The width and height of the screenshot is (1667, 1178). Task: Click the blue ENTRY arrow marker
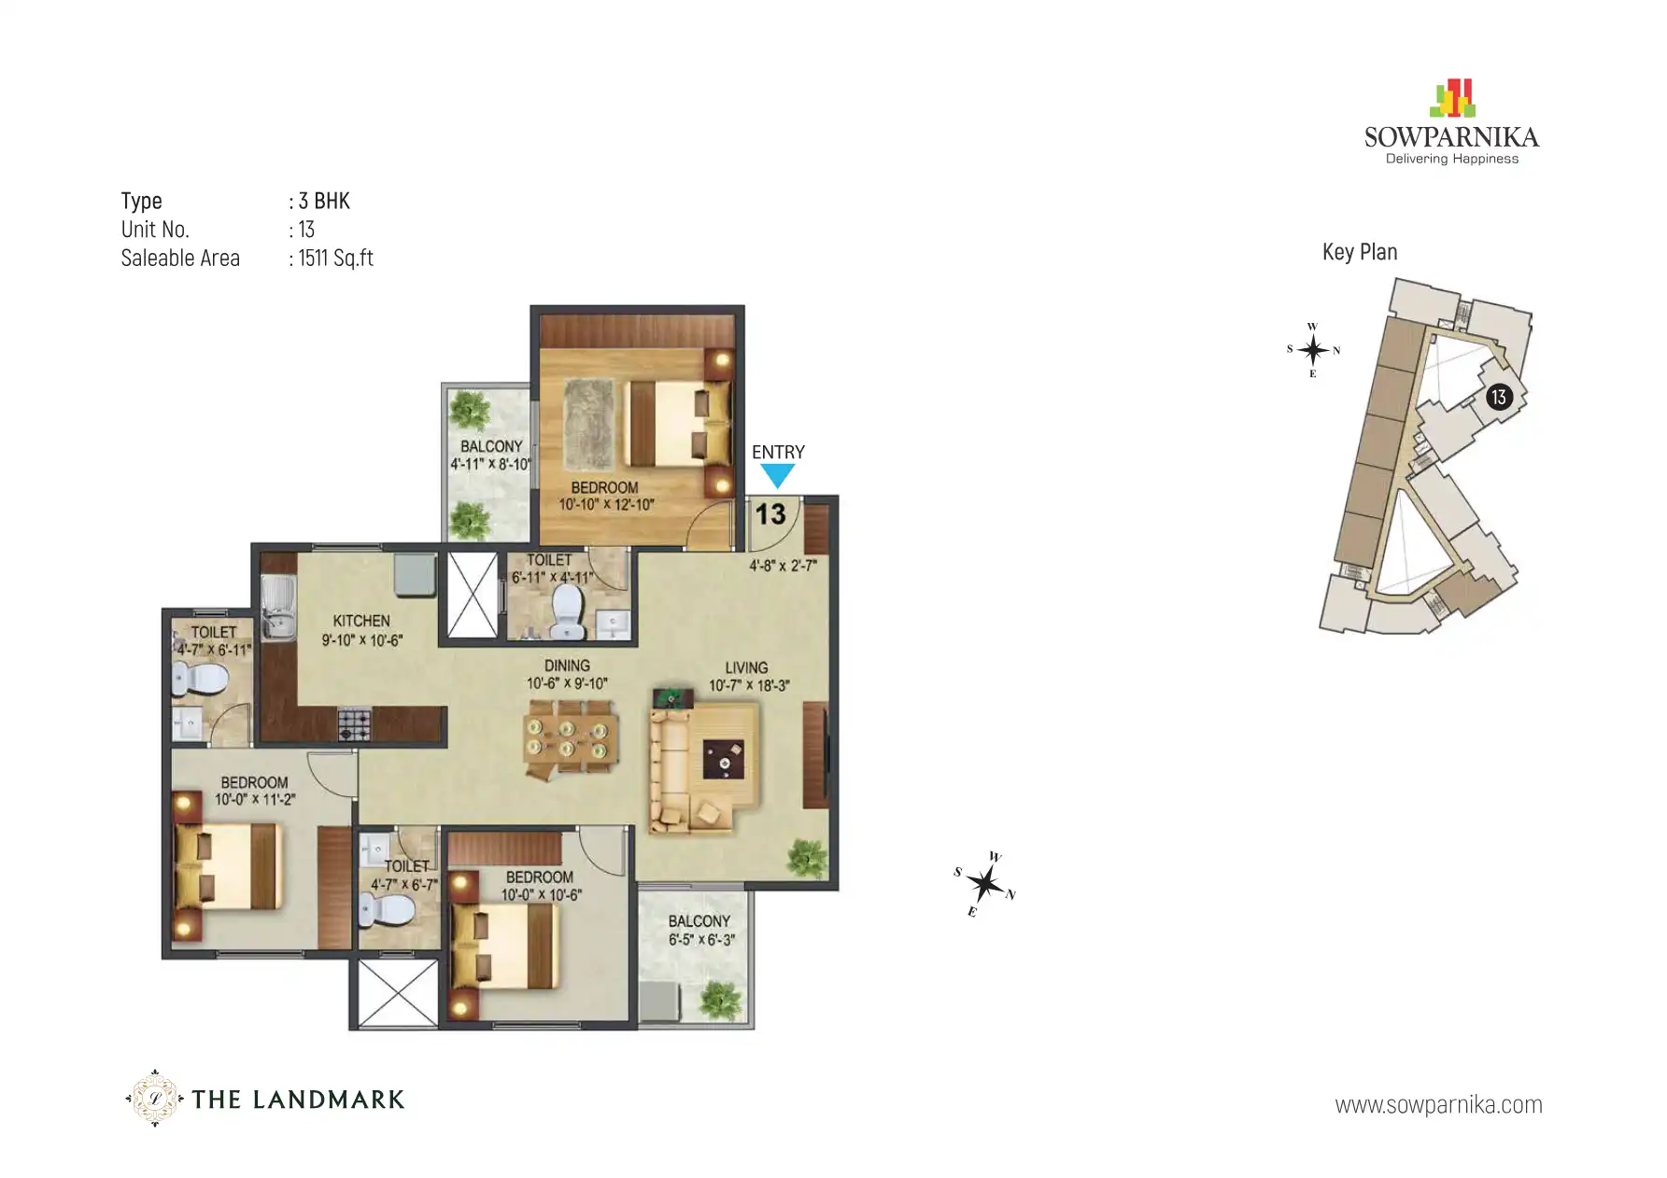pos(777,476)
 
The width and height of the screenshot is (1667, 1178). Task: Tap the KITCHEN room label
pos(361,621)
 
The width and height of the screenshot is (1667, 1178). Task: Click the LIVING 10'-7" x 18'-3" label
pos(748,677)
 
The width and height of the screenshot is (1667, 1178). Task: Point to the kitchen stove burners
pos(354,725)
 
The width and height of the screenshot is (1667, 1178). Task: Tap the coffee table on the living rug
pos(725,758)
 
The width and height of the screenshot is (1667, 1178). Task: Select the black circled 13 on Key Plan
pos(1498,398)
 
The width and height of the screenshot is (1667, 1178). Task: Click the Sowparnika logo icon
pos(1452,99)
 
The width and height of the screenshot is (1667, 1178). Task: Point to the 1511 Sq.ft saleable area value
pos(335,259)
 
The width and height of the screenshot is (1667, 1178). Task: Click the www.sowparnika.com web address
pos(1438,1105)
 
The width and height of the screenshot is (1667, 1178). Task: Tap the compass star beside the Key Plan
pos(1313,350)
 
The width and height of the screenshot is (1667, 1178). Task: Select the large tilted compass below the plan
pos(985,883)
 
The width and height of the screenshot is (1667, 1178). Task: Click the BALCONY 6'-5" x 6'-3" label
pos(700,931)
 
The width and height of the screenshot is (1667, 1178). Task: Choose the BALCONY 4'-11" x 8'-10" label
pos(490,455)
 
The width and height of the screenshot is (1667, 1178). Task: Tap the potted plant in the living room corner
pos(807,858)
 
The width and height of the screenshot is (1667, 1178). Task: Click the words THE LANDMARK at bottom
pos(298,1100)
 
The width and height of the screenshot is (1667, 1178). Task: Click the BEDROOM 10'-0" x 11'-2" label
pos(254,791)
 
